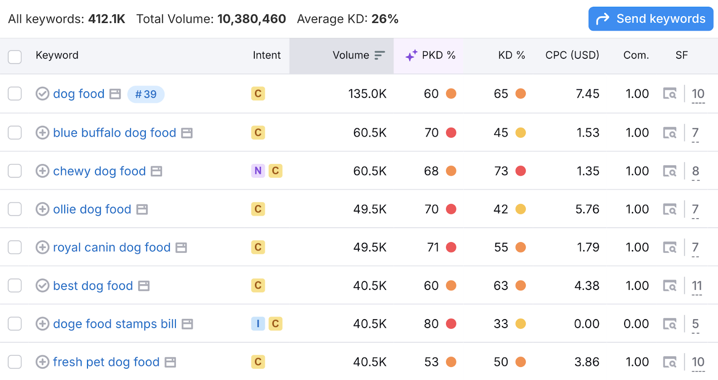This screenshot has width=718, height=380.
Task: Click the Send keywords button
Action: pyautogui.click(x=650, y=19)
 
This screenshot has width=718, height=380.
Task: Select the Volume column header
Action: pyautogui.click(x=351, y=55)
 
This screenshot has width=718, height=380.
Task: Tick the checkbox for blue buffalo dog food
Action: pyautogui.click(x=15, y=133)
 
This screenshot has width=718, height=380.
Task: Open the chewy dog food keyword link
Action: pyautogui.click(x=99, y=171)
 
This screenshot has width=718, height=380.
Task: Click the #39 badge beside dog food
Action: pyautogui.click(x=146, y=94)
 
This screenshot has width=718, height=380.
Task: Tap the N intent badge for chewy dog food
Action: pyautogui.click(x=258, y=171)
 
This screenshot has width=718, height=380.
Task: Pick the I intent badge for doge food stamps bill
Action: pyautogui.click(x=258, y=324)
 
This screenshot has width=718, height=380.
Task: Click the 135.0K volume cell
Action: pyautogui.click(x=367, y=94)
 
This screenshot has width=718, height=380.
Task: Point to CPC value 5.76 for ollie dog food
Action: pyautogui.click(x=587, y=209)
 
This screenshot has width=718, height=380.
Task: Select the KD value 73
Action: pyautogui.click(x=501, y=171)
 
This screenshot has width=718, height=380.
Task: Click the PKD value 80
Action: pyautogui.click(x=431, y=324)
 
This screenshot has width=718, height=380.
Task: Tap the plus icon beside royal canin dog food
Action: pyautogui.click(x=42, y=247)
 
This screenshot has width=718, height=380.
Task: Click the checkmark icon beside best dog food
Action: pyautogui.click(x=42, y=285)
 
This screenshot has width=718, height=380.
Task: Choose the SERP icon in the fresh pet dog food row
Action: pyautogui.click(x=670, y=362)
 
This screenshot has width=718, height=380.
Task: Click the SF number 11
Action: pyautogui.click(x=696, y=285)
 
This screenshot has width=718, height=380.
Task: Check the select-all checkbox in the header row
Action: pyautogui.click(x=15, y=57)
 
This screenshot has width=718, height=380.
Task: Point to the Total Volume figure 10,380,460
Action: pyautogui.click(x=251, y=19)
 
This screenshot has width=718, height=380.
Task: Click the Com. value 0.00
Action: pyautogui.click(x=636, y=324)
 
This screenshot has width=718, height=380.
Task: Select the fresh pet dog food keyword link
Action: pyautogui.click(x=106, y=362)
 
